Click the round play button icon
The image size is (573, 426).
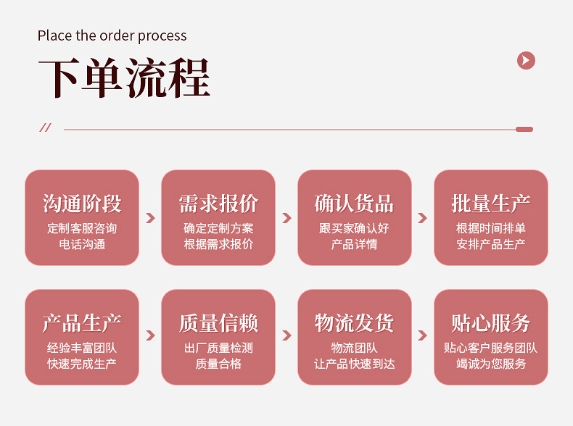pyautogui.click(x=526, y=61)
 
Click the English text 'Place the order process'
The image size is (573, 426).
pyautogui.click(x=112, y=35)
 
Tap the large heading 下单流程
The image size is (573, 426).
pyautogui.click(x=124, y=78)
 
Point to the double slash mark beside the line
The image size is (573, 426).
pyautogui.click(x=45, y=128)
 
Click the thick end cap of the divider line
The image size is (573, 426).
pyautogui.click(x=524, y=129)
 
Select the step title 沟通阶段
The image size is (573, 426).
pyautogui.click(x=82, y=204)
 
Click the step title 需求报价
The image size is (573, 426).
pyautogui.click(x=218, y=204)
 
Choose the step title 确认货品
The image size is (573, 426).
pyautogui.click(x=354, y=204)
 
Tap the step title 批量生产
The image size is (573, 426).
pyautogui.click(x=490, y=204)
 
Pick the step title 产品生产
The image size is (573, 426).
pyautogui.click(x=82, y=323)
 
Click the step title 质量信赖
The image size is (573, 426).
pyautogui.click(x=218, y=323)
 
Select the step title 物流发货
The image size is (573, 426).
pyautogui.click(x=354, y=323)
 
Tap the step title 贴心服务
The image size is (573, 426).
pyautogui.click(x=490, y=323)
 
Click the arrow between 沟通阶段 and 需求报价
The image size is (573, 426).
pyautogui.click(x=150, y=217)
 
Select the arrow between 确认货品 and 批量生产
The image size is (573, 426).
pyautogui.click(x=422, y=217)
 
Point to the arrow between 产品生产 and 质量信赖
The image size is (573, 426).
pyautogui.click(x=150, y=335)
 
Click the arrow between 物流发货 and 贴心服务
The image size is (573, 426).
pyautogui.click(x=422, y=335)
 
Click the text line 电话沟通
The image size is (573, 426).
pyautogui.click(x=82, y=244)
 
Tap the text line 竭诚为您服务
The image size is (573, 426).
pyautogui.click(x=490, y=364)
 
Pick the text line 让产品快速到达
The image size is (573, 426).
pyautogui.click(x=354, y=364)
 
